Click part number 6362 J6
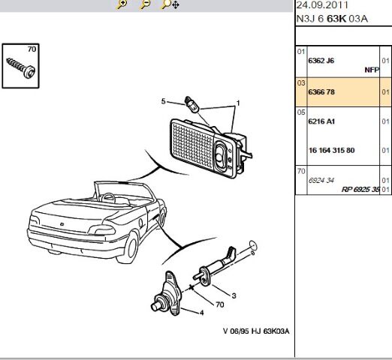[x=321, y=61]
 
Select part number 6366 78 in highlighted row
[x=321, y=92]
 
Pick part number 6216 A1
[x=321, y=121]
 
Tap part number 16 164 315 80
[x=331, y=150]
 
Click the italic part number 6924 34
[x=321, y=180]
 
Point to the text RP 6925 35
[x=360, y=189]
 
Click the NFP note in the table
[x=372, y=70]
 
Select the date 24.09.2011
[x=322, y=5]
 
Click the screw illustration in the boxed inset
[x=21, y=67]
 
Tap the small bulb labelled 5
[x=192, y=105]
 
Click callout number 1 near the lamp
[x=238, y=103]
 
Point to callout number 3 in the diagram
[x=234, y=295]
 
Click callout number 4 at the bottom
[x=201, y=313]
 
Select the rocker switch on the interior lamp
[x=220, y=154]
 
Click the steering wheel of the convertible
[x=108, y=197]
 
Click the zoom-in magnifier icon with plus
[x=122, y=4]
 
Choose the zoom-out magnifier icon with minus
[x=146, y=4]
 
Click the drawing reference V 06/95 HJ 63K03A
[x=256, y=331]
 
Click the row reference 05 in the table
[x=301, y=112]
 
